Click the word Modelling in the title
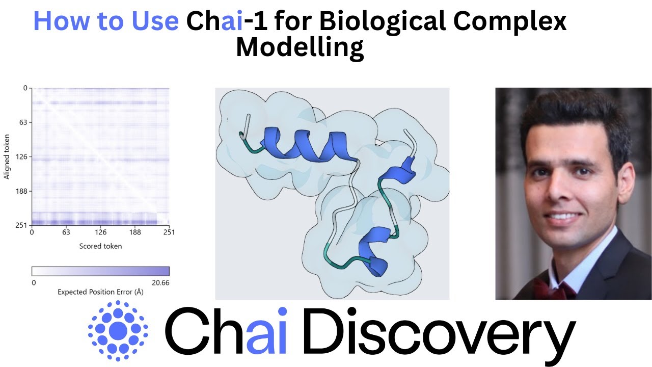(x=300, y=47)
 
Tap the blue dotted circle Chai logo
(x=118, y=330)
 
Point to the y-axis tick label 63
(x=23, y=122)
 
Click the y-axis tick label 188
(x=21, y=191)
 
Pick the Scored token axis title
(x=100, y=246)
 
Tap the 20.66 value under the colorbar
(x=160, y=282)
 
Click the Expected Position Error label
(x=100, y=292)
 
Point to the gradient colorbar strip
(x=100, y=271)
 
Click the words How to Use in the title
(x=106, y=21)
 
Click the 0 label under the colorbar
(x=33, y=282)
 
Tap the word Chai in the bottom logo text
(x=227, y=332)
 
